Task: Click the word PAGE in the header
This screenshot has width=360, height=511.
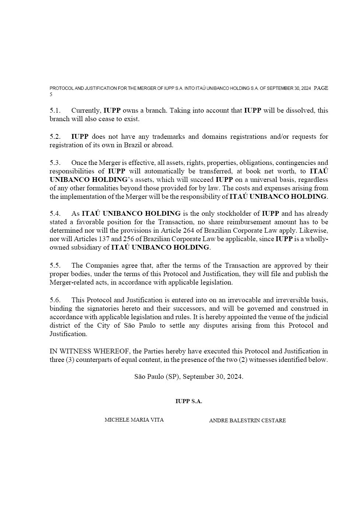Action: pyautogui.click(x=321, y=88)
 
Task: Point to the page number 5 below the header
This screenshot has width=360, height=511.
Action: pyautogui.click(x=51, y=95)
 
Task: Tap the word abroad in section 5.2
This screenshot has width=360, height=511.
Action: pyautogui.click(x=162, y=145)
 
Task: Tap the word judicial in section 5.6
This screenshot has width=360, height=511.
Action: pyautogui.click(x=316, y=317)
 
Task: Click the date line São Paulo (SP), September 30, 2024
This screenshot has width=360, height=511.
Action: pyautogui.click(x=189, y=377)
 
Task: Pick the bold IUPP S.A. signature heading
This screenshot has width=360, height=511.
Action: pyautogui.click(x=189, y=401)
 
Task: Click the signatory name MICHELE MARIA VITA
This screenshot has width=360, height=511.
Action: pyautogui.click(x=134, y=420)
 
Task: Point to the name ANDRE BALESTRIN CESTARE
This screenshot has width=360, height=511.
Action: pyautogui.click(x=247, y=420)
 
